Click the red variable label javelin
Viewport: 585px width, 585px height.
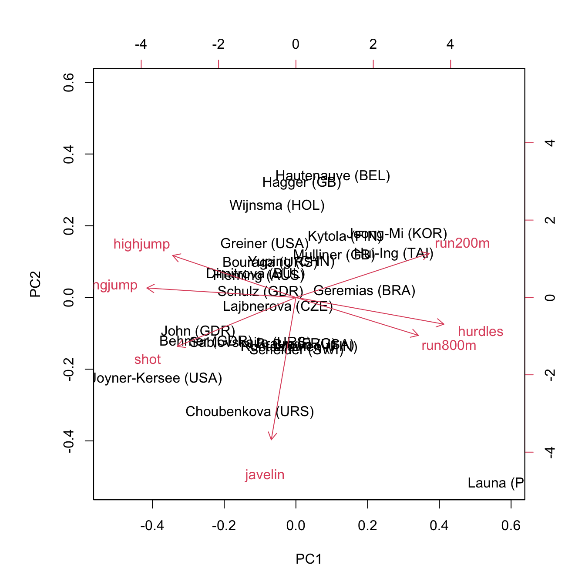click(x=265, y=475)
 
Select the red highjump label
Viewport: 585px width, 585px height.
click(x=141, y=244)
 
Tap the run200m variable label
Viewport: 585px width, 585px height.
click(x=462, y=243)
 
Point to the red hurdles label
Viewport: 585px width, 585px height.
click(x=481, y=332)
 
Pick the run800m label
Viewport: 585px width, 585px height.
click(x=449, y=346)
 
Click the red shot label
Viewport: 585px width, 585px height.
click(x=148, y=360)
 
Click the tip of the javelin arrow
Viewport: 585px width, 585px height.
click(x=271, y=440)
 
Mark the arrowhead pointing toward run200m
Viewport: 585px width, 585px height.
click(x=429, y=253)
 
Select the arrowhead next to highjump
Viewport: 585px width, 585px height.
click(x=173, y=256)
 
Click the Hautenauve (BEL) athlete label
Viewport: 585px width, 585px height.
click(x=333, y=176)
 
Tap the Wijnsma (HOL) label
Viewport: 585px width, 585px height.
click(x=277, y=205)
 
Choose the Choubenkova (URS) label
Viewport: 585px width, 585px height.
click(x=249, y=412)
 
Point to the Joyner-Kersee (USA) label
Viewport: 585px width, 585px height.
click(x=158, y=378)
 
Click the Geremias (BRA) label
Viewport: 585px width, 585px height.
click(x=364, y=291)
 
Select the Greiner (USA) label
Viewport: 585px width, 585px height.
click(x=264, y=244)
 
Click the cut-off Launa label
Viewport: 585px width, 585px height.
click(x=495, y=483)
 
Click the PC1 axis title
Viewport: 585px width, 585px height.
click(x=309, y=559)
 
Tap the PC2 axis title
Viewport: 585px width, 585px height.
click(x=35, y=284)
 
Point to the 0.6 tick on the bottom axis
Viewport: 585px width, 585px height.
click(x=511, y=526)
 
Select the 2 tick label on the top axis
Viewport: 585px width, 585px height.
click(x=373, y=44)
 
